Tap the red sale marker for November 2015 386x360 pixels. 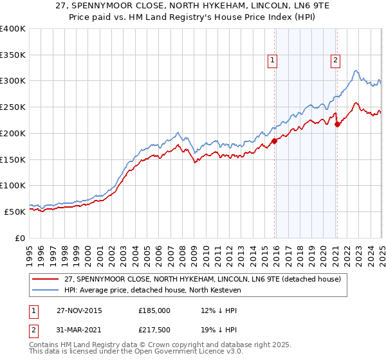pos(275,140)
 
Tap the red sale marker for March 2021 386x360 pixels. pos(337,124)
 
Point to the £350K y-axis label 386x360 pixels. pos(12,55)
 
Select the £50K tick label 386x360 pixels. pos(15,212)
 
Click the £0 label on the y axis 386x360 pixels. pos(20,238)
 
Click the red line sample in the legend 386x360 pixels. pos(46,279)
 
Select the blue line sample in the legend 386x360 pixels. pos(46,290)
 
